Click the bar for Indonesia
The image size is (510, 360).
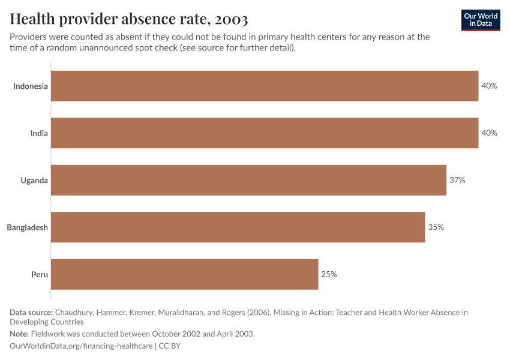(x=264, y=86)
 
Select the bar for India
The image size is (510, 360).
(x=264, y=133)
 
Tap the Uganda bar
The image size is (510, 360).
(x=248, y=180)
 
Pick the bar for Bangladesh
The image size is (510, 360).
(x=238, y=227)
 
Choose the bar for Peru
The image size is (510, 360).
(x=184, y=274)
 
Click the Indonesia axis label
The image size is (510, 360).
(x=31, y=86)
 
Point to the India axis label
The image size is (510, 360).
(x=39, y=133)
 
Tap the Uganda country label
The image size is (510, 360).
(x=34, y=180)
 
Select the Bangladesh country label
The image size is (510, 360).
(x=27, y=227)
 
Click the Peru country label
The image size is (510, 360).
(x=40, y=274)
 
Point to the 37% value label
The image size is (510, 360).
(x=457, y=180)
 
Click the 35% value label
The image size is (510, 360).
(x=436, y=227)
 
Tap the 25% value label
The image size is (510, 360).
(x=329, y=274)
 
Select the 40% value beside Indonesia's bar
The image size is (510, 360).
(x=489, y=86)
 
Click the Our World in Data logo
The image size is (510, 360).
(x=480, y=20)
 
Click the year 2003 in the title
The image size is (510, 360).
(x=229, y=19)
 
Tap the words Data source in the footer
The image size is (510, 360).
(x=31, y=312)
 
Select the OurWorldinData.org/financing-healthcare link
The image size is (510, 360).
(x=81, y=346)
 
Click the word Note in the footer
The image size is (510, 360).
(x=19, y=334)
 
